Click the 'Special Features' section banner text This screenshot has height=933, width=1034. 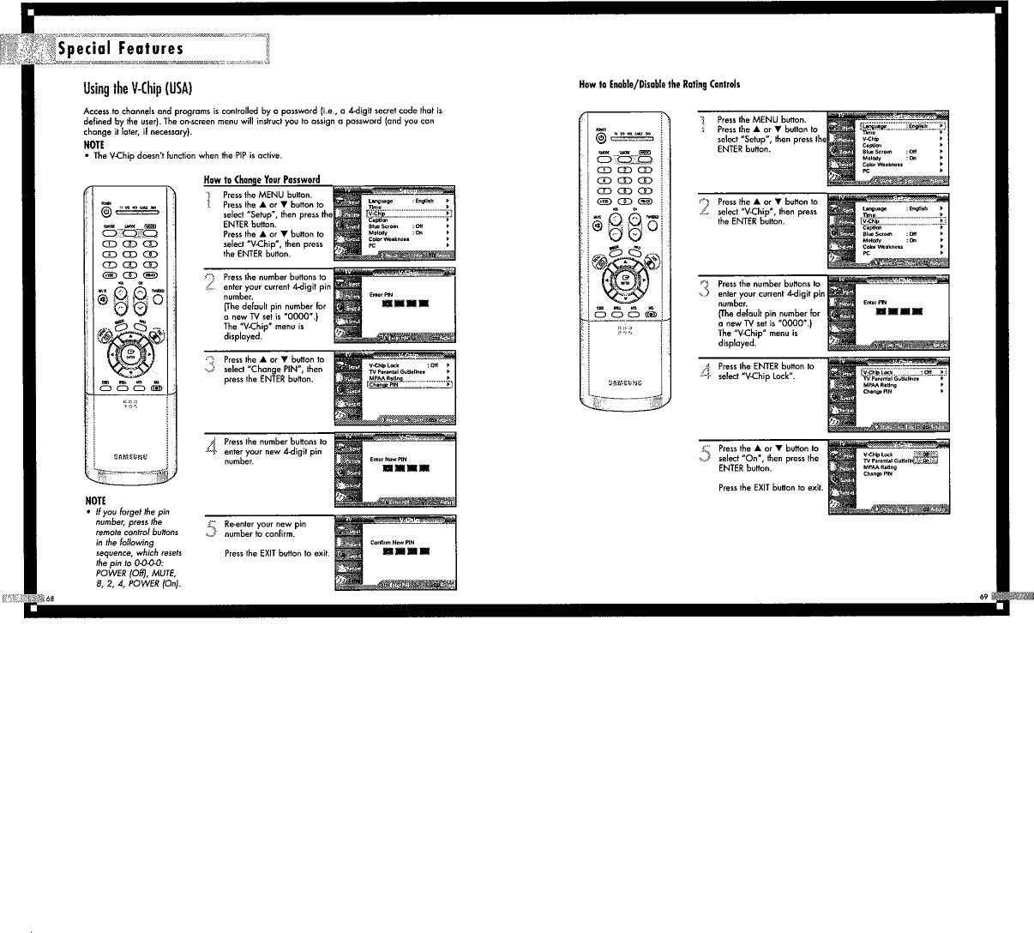pos(120,48)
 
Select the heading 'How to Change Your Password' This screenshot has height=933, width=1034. pos(262,180)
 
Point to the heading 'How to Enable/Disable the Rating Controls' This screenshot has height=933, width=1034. pos(659,84)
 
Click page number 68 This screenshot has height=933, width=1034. pos(51,597)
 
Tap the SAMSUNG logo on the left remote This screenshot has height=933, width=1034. pos(131,455)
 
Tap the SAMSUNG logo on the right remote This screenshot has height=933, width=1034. pos(626,382)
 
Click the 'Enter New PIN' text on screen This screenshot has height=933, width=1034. pos(388,460)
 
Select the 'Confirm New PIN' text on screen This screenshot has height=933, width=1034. pos(392,542)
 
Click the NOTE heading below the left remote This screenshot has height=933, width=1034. pos(94,500)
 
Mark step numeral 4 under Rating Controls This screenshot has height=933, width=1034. pos(705,371)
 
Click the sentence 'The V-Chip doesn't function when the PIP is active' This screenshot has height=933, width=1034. pos(187,155)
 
